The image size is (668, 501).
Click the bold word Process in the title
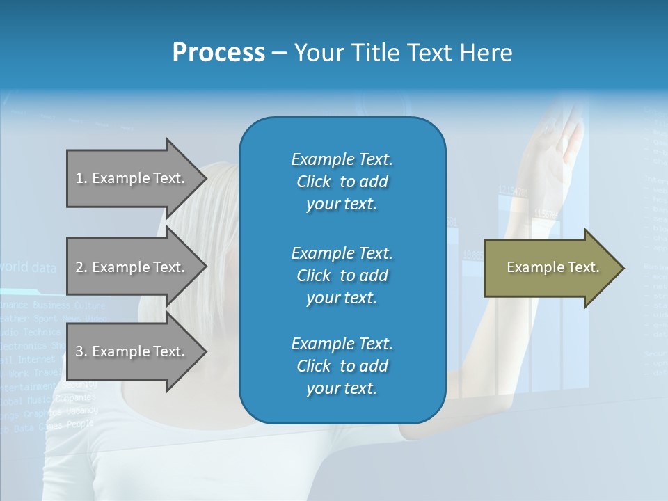(218, 53)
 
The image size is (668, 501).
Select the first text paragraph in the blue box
(342, 182)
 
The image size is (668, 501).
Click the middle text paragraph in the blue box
(342, 276)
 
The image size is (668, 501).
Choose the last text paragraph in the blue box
(342, 366)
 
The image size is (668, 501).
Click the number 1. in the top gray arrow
(81, 178)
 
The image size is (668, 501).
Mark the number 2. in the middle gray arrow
(81, 267)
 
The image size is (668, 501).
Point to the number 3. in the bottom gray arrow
(81, 351)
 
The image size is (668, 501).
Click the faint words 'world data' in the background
(28, 267)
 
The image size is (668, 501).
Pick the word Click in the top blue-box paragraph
(314, 182)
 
